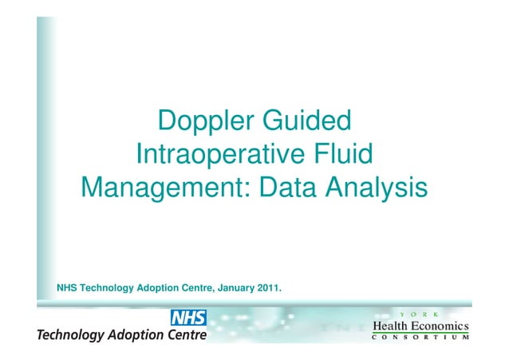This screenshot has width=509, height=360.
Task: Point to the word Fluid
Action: point(344,154)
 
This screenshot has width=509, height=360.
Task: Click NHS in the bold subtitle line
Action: point(67,287)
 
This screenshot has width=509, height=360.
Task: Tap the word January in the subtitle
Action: point(232,287)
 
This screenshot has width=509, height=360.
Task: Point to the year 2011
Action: point(267,287)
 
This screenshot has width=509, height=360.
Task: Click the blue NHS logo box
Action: point(188,318)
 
